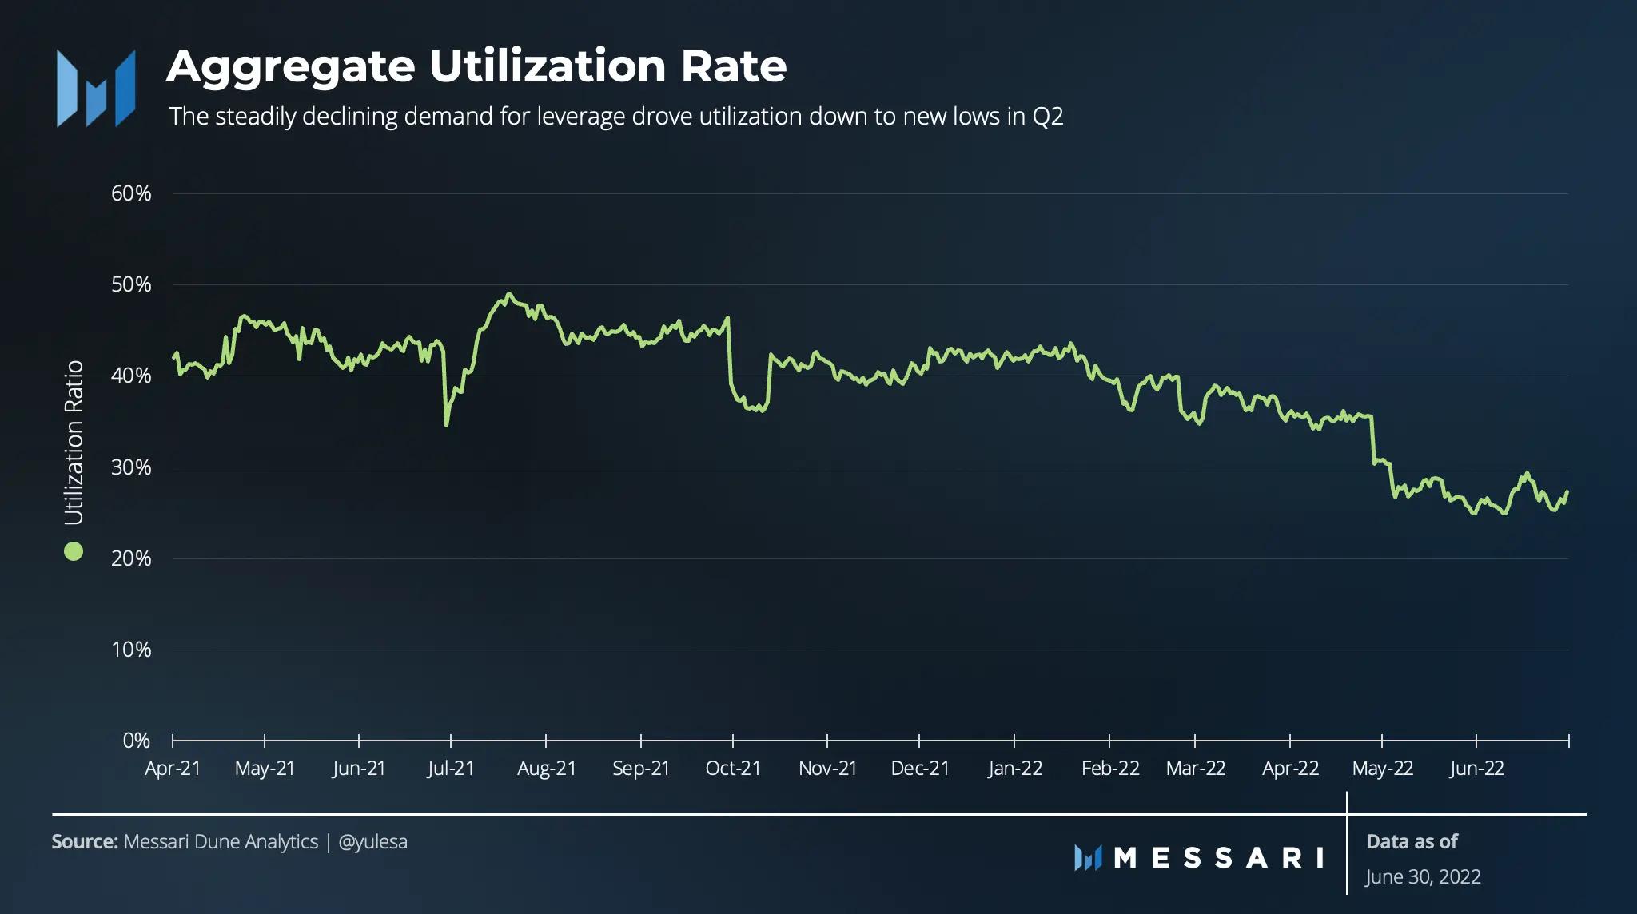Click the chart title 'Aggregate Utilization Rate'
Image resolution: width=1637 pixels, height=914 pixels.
[476, 66]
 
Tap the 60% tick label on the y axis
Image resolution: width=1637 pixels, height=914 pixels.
[131, 193]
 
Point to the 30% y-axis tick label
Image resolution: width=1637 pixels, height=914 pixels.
[131, 467]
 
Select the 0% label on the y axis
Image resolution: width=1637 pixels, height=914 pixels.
[136, 741]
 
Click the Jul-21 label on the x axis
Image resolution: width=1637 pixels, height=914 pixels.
[451, 769]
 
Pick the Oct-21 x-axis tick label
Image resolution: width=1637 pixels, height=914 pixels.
[733, 769]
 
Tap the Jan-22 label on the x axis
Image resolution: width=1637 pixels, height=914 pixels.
[1015, 769]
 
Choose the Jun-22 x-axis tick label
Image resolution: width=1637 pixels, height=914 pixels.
[1476, 769]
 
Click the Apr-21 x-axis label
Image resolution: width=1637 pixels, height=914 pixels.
[173, 769]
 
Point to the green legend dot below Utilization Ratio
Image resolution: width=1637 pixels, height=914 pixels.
[74, 551]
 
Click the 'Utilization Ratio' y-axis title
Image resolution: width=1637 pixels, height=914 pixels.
[74, 443]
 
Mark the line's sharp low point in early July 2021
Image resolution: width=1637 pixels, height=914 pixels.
[446, 424]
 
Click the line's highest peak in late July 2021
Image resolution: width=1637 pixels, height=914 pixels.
[508, 294]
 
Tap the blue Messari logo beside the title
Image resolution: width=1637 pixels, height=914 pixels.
[96, 88]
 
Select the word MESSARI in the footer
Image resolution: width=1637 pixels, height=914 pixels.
[1218, 858]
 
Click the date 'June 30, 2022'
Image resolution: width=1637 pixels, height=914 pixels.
[1423, 877]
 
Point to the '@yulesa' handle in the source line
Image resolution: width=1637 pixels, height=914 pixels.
[372, 842]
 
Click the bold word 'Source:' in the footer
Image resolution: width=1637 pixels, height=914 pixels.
[85, 842]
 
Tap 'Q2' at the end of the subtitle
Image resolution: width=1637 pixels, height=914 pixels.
[1047, 117]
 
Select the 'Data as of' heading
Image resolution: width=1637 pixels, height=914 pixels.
[1412, 842]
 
